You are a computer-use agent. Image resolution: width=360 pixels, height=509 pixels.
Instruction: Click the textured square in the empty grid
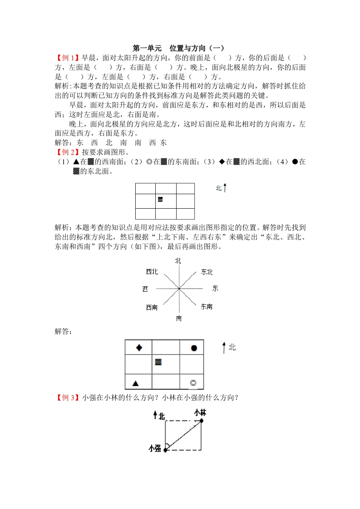click(x=160, y=199)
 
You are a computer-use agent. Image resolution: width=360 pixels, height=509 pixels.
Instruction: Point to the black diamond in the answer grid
click(x=139, y=348)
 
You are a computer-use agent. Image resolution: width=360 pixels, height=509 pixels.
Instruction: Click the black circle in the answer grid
click(x=194, y=348)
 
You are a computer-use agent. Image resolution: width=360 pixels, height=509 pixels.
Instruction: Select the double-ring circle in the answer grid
click(x=193, y=383)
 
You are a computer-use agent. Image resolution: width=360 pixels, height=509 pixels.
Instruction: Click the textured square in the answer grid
click(x=158, y=362)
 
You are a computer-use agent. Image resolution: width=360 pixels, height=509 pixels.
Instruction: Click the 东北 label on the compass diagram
click(x=207, y=272)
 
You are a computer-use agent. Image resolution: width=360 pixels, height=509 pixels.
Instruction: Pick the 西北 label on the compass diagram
click(x=152, y=272)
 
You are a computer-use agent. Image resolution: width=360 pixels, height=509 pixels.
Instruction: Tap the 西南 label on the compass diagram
click(x=152, y=307)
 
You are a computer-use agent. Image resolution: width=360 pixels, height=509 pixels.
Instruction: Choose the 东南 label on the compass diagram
click(x=207, y=307)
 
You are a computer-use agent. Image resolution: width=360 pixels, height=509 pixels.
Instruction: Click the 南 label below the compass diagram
click(x=179, y=318)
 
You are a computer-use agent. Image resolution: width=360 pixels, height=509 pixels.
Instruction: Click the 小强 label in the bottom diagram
click(x=155, y=448)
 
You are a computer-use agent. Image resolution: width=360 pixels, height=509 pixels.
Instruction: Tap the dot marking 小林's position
click(x=202, y=421)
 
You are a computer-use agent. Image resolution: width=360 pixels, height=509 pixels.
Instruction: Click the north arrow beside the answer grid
click(x=224, y=348)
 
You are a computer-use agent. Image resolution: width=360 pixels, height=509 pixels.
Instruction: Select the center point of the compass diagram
click(x=179, y=288)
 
